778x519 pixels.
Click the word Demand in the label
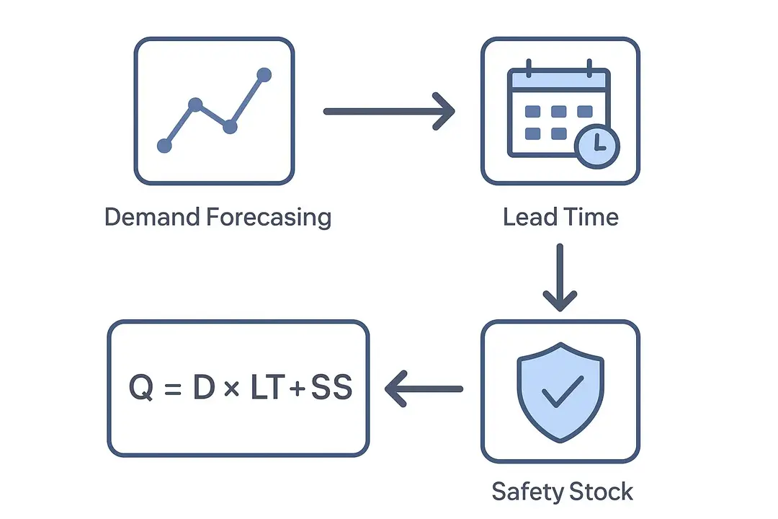(151, 217)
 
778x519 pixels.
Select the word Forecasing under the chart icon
(268, 217)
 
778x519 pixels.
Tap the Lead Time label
(560, 217)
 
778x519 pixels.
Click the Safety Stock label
(562, 492)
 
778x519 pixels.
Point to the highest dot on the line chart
(264, 74)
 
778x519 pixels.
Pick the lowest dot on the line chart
(164, 146)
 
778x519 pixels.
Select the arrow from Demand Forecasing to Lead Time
(389, 112)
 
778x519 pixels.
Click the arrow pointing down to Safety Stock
(560, 278)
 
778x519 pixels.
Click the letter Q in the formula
(141, 389)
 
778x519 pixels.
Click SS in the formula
(331, 389)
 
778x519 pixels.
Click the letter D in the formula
(202, 389)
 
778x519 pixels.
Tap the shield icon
(563, 390)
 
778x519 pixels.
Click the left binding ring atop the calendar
(529, 69)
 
